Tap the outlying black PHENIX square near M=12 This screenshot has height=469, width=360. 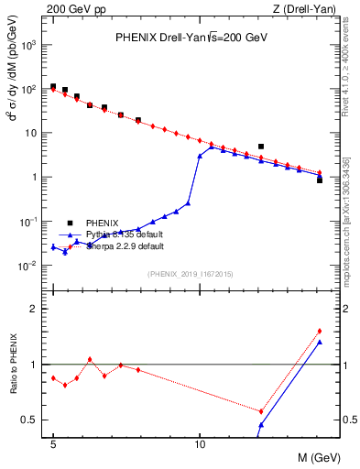[261, 147]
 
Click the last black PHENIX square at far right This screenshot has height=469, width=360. [319, 180]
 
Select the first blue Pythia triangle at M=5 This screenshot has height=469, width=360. [53, 246]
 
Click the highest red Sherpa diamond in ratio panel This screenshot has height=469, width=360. [319, 331]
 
